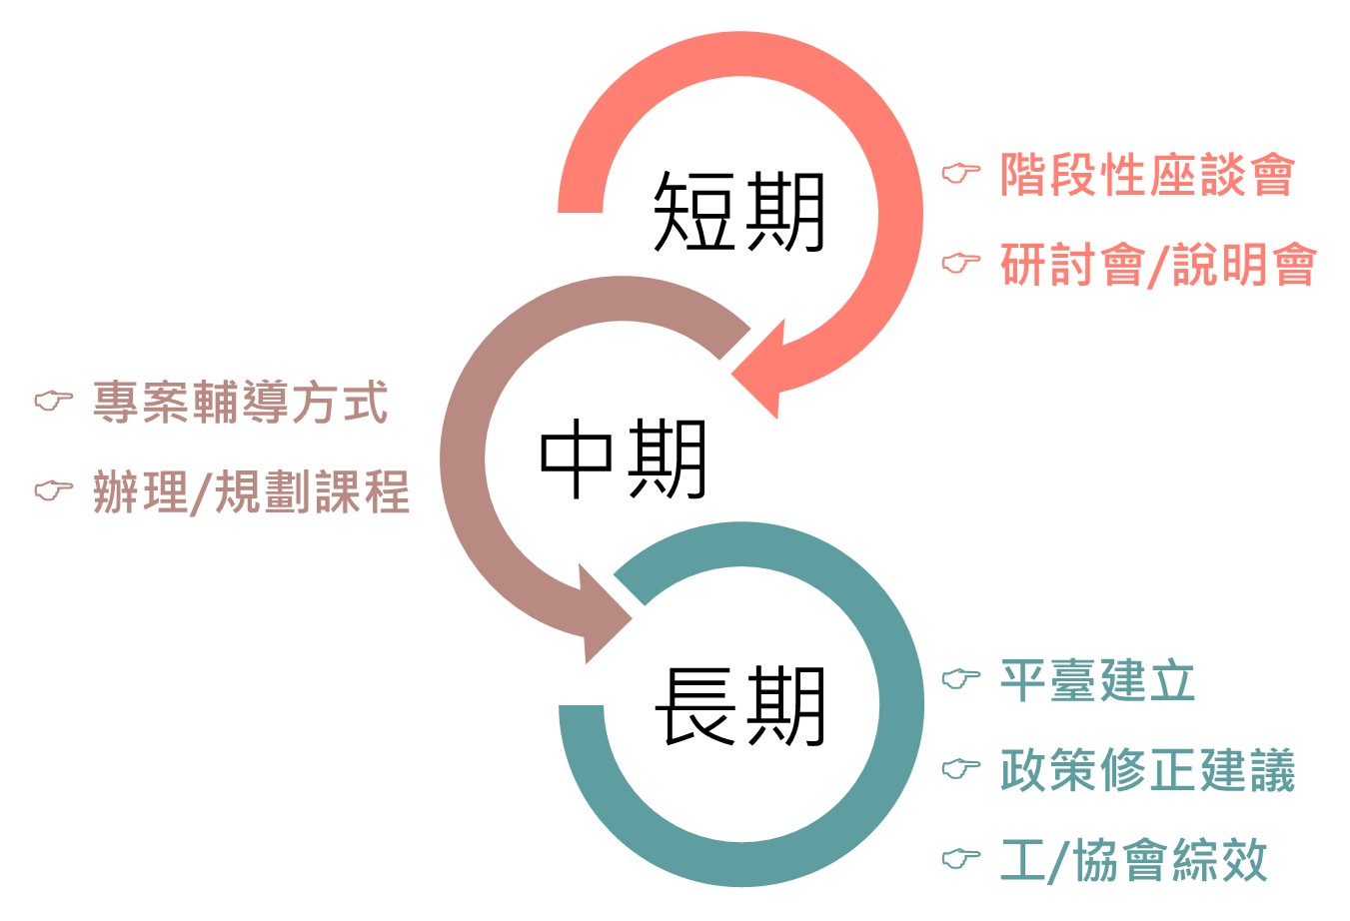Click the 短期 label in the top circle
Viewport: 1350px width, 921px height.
pos(738,212)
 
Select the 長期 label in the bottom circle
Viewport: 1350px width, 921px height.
pos(739,707)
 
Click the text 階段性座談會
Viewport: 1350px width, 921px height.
pos(1147,176)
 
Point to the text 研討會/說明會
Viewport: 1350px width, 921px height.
pos(1158,265)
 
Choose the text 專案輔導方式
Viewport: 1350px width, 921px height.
pos(240,403)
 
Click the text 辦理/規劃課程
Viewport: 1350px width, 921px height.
pos(251,491)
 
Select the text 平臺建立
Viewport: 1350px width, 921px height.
pos(1097,681)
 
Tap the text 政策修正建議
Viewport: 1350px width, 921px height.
pos(1147,770)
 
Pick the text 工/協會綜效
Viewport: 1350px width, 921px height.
pos(1134,860)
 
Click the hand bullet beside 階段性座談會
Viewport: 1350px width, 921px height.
pos(961,174)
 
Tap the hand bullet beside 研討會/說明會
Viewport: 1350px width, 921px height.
pos(961,264)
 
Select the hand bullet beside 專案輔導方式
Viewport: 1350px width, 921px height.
pos(54,401)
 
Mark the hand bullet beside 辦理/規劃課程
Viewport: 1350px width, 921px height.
pos(54,490)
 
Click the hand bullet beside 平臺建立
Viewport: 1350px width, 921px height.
pos(961,679)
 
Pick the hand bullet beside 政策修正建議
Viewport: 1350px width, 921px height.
pos(961,769)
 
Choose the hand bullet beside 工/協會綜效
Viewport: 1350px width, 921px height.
pos(961,858)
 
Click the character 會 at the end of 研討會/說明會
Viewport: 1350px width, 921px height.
pos(1294,265)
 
